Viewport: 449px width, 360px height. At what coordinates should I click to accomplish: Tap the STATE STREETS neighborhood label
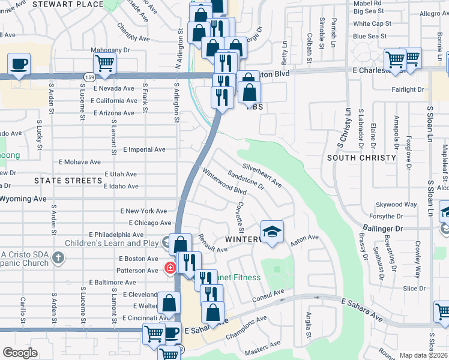point(68,181)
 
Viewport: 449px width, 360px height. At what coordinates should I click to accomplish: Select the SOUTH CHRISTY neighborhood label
point(361,158)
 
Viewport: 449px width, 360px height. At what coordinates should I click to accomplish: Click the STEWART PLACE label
point(76,4)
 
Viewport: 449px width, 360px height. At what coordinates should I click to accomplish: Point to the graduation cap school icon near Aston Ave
point(272,231)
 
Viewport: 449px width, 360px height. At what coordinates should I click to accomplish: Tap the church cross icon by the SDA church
point(58,259)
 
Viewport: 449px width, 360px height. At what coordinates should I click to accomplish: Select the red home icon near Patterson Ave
point(170,267)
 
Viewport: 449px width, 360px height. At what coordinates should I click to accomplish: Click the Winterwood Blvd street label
point(224,182)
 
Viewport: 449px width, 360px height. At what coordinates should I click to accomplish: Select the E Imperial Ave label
point(143,149)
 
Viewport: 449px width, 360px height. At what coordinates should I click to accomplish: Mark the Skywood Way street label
point(396,205)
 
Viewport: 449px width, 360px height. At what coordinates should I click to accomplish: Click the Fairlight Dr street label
point(407,89)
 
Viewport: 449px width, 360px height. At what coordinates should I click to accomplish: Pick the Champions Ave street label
point(246,328)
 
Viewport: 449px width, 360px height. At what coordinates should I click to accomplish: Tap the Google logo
point(20,353)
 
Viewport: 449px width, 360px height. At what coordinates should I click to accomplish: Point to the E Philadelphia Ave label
point(116,234)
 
